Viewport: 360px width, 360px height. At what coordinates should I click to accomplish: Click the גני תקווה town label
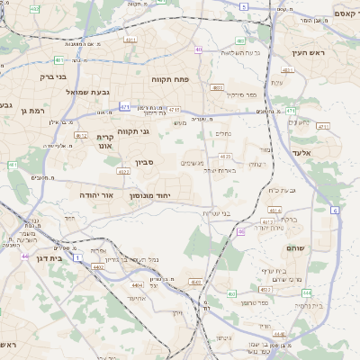[x=133, y=130]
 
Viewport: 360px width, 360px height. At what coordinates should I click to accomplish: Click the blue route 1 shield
[x=78, y=258]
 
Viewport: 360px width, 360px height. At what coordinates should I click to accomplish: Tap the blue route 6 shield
[x=335, y=210]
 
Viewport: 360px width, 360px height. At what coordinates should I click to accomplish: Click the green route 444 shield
[x=307, y=292]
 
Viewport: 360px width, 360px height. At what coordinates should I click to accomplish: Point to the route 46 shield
[x=240, y=231]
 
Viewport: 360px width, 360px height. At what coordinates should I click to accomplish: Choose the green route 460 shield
[x=231, y=293]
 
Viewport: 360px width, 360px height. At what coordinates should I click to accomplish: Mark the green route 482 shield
[x=12, y=166]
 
